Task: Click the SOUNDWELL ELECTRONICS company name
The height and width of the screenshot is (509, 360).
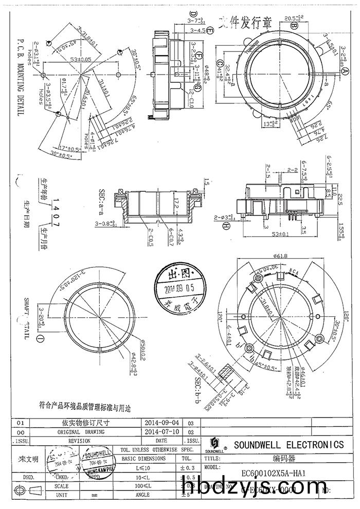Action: (x=289, y=444)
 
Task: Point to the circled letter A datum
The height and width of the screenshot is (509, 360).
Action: (x=339, y=72)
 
